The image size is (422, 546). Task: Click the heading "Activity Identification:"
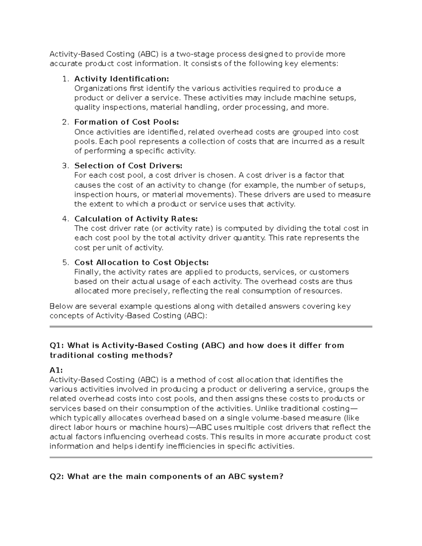(x=121, y=78)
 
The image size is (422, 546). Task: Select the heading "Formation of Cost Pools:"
(x=127, y=122)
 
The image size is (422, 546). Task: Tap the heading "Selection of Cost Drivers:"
(x=128, y=166)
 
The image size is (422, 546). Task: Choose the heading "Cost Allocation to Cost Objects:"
(x=141, y=262)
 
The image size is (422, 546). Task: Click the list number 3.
(x=64, y=166)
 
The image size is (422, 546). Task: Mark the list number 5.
(x=64, y=262)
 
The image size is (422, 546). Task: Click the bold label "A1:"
(x=56, y=370)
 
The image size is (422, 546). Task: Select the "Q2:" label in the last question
(x=57, y=476)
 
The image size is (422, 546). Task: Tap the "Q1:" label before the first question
(x=57, y=345)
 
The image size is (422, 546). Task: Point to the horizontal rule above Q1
(x=211, y=327)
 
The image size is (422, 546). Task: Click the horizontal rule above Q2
(x=211, y=457)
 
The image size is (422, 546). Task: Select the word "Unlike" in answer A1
(x=267, y=408)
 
